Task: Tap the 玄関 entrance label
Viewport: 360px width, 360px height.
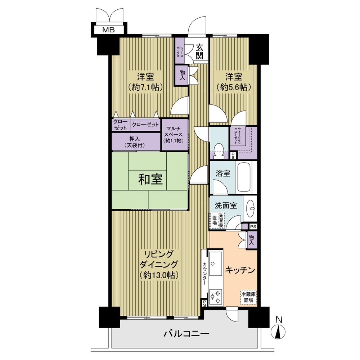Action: [x=200, y=51]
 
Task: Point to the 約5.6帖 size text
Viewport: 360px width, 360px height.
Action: [x=234, y=87]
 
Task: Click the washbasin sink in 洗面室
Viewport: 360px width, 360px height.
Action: [x=251, y=208]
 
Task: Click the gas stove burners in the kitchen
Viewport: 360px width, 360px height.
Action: [x=216, y=297]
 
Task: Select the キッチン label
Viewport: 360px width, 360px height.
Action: [x=240, y=270]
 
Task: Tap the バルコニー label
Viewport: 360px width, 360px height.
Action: [x=186, y=333]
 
